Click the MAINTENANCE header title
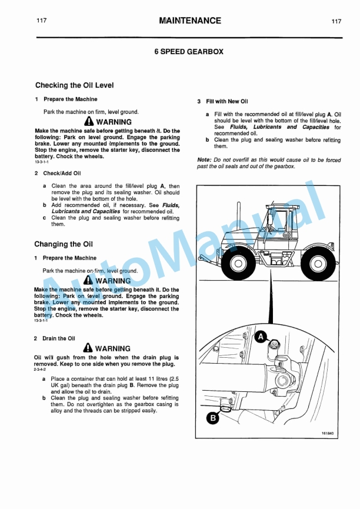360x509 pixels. coord(189,21)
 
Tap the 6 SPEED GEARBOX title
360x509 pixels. coord(189,52)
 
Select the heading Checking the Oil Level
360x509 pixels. coord(74,85)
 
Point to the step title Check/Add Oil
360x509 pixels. coord(61,173)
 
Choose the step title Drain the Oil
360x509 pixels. coord(58,338)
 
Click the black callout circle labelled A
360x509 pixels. coord(261,337)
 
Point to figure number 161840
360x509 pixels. coord(327,434)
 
